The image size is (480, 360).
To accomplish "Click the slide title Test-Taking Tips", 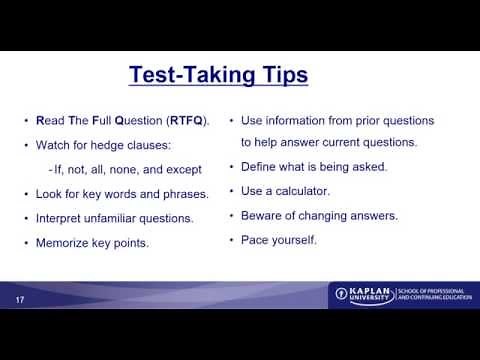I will click(219, 75).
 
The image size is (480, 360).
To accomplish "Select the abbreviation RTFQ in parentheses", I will click(186, 121).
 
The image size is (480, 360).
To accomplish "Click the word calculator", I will click(301, 191).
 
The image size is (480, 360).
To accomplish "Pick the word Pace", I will click(253, 240).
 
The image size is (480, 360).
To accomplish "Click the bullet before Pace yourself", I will click(231, 240).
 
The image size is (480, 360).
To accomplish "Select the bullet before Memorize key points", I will click(26, 242).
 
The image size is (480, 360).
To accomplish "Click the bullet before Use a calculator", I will click(231, 191).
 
